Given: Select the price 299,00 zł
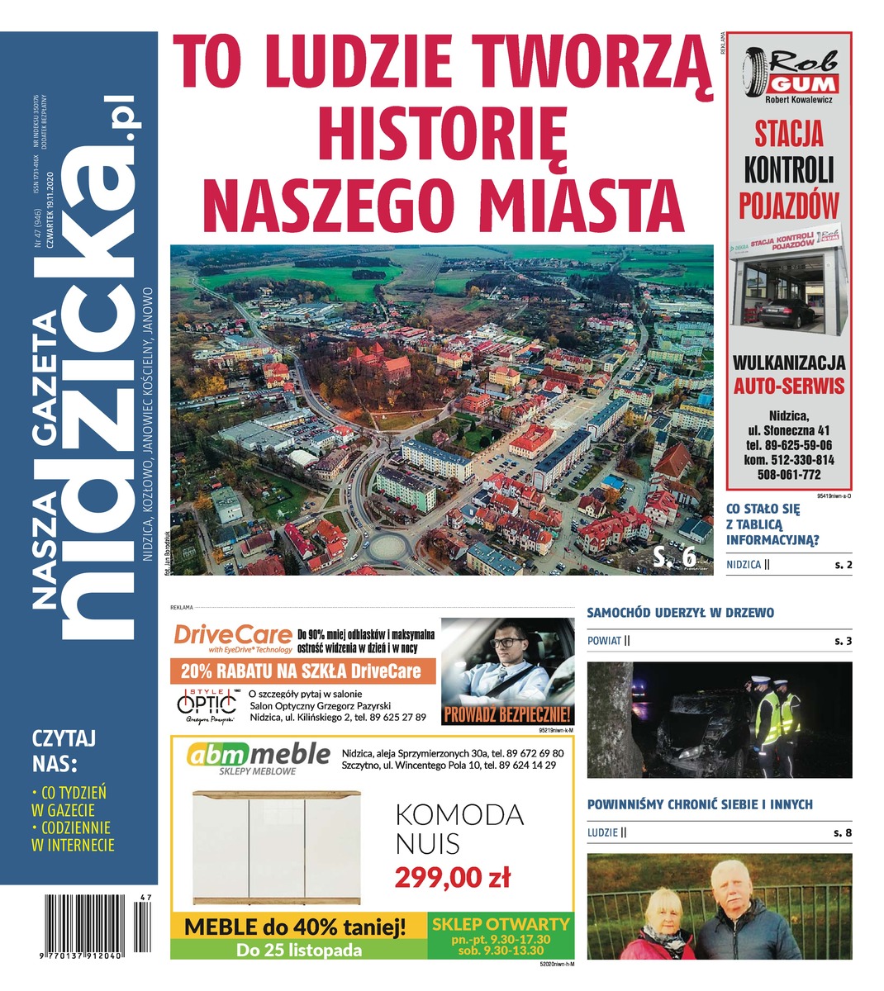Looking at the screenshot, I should tap(452, 876).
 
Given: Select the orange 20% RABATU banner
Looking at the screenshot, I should tap(302, 671).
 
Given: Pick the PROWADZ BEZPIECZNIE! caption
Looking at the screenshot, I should tap(507, 715).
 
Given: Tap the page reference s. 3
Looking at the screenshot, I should tap(842, 641).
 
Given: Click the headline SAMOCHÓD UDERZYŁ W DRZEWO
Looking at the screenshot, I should tap(680, 613).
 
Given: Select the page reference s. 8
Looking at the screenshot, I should tap(842, 832).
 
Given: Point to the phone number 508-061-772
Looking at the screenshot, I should tap(789, 475).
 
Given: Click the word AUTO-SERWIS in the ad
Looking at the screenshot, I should tap(789, 386).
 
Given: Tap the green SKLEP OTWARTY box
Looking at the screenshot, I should tap(501, 936).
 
